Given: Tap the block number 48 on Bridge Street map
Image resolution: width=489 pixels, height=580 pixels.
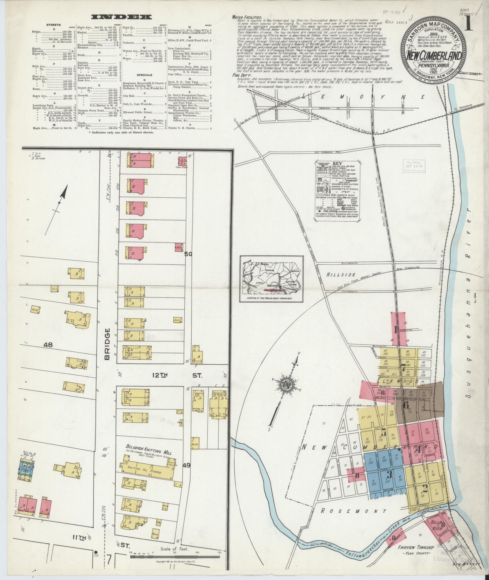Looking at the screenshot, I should pos(48,345).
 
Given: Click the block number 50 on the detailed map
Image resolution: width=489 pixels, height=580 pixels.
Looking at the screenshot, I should pos(188,255).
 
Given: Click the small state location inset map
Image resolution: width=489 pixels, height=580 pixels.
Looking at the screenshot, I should pos(271,279).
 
